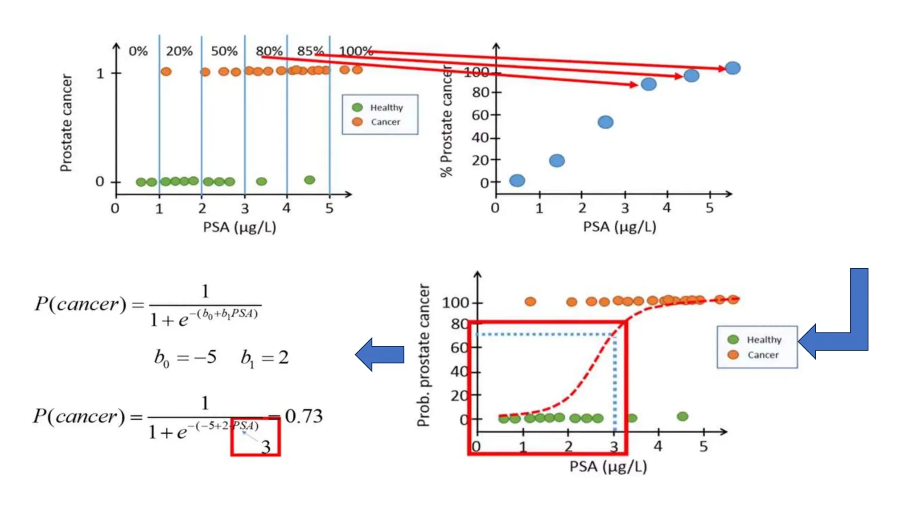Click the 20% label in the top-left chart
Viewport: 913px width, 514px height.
179,51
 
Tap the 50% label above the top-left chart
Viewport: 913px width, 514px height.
224,51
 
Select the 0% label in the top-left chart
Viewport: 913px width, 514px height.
138,51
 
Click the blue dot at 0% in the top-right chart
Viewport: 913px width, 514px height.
517,181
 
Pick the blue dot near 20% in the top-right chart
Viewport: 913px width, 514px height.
557,161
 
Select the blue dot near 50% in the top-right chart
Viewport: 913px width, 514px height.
605,122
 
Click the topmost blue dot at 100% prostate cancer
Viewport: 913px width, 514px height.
733,68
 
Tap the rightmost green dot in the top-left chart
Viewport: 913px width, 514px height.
309,180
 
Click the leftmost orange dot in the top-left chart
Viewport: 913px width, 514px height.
166,71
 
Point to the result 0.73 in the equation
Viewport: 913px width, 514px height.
304,416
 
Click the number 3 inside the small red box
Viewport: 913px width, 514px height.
266,447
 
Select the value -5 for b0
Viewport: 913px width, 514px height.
206,357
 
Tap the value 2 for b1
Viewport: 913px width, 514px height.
284,357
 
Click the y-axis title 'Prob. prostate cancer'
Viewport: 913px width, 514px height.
424,355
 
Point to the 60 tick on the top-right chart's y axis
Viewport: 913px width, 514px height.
480,115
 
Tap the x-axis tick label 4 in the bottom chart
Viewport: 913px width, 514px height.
658,446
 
